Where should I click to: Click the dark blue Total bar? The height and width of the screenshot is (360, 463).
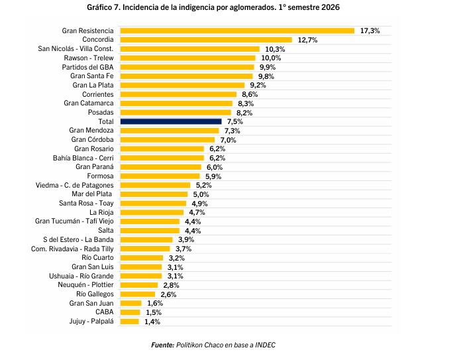[x=171, y=121]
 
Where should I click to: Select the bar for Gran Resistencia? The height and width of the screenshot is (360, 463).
[x=237, y=30]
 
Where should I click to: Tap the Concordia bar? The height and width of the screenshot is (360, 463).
[x=206, y=40]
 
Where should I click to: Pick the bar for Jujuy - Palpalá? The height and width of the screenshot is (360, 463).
[x=130, y=322]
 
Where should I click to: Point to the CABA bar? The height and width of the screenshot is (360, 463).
[x=130, y=312]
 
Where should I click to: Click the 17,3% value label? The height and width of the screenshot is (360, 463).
[x=370, y=30]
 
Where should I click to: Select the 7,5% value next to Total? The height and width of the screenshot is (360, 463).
[x=234, y=121]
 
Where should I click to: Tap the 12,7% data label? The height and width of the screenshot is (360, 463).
[x=307, y=40]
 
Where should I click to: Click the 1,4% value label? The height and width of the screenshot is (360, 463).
[x=152, y=322]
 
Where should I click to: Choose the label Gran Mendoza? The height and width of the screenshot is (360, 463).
[x=91, y=131]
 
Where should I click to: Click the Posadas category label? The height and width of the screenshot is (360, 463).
[x=101, y=112]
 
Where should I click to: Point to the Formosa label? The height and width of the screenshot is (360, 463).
[x=100, y=176]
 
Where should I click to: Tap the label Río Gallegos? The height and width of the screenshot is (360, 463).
[x=95, y=294]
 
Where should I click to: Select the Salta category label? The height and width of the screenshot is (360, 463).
[x=106, y=230]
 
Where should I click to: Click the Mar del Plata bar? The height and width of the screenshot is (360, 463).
[x=154, y=194]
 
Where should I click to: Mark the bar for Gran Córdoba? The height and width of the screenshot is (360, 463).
[x=168, y=140]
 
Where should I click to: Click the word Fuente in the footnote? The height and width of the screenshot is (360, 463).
[x=163, y=345]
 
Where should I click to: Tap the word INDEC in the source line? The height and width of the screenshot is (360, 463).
[x=265, y=345]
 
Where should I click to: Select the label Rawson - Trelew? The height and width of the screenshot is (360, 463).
[x=89, y=58]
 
